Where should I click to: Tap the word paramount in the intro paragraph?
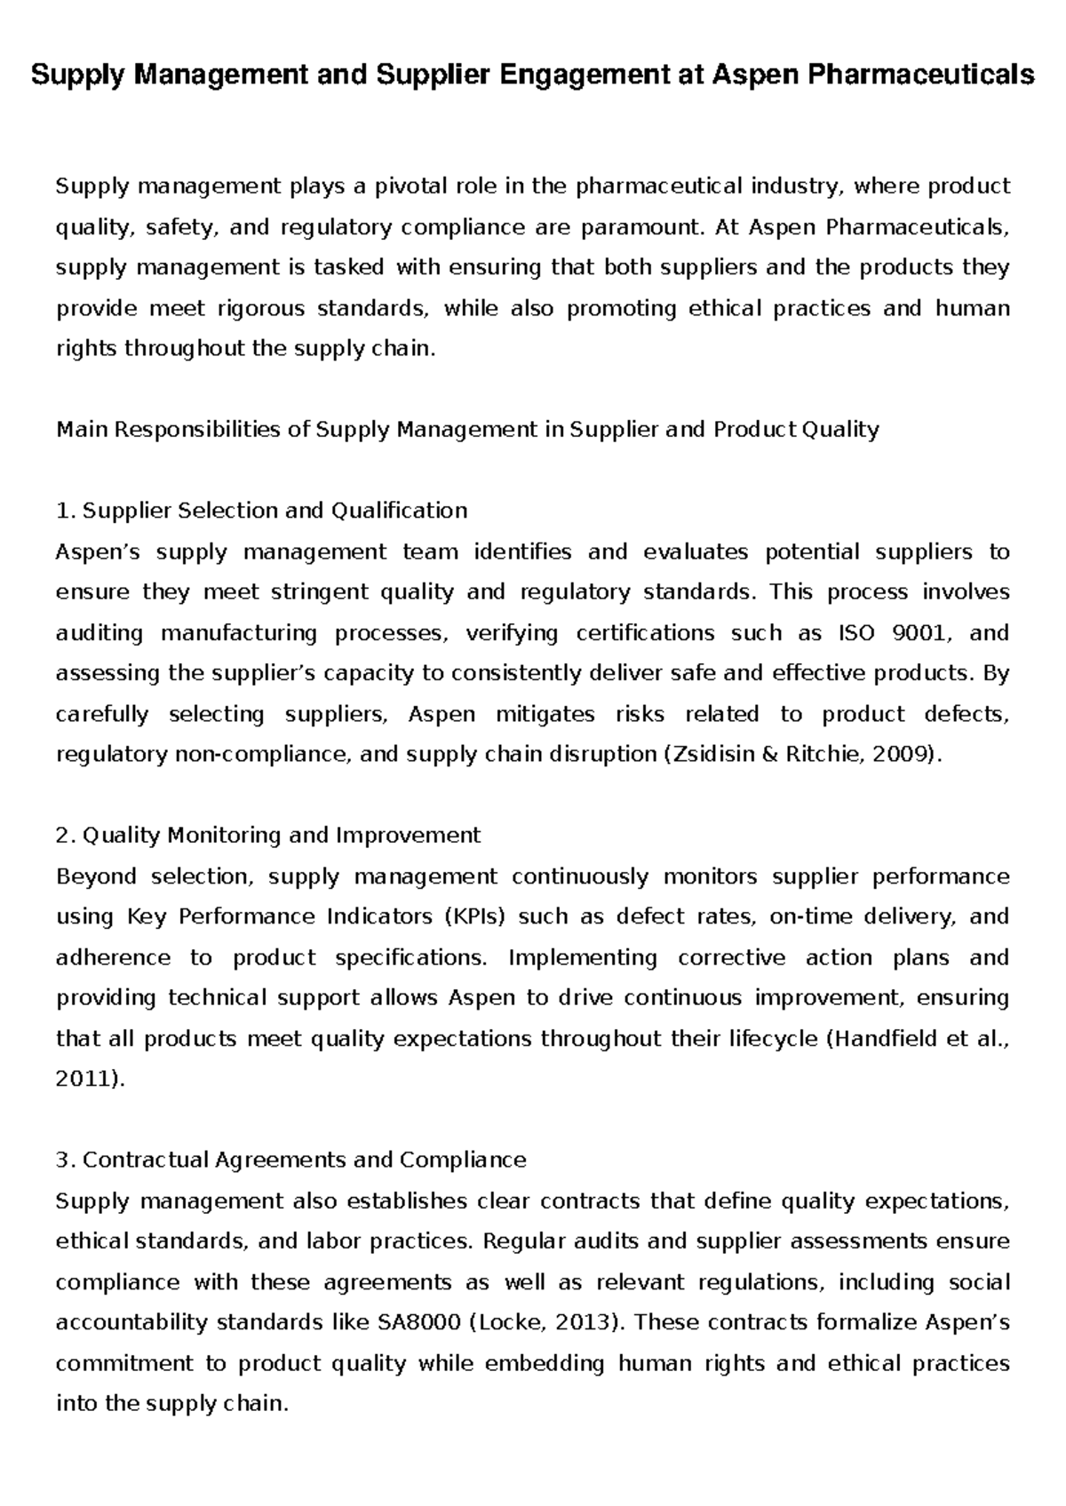point(639,227)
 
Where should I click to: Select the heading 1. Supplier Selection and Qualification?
point(261,511)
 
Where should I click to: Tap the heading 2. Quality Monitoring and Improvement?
point(267,836)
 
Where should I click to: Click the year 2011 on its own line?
point(85,1079)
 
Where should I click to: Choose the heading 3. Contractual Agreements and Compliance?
point(290,1160)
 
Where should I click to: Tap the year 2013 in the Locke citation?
point(582,1322)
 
